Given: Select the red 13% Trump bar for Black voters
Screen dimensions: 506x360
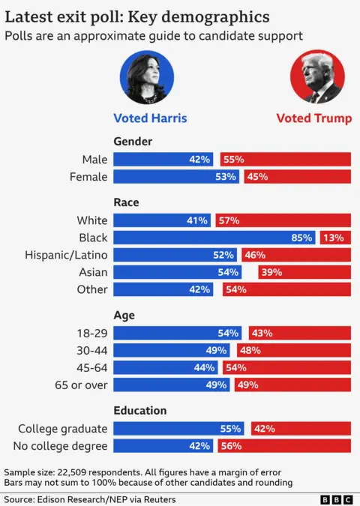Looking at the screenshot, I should [x=335, y=238].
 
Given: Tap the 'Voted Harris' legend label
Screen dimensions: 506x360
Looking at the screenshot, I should [x=150, y=118].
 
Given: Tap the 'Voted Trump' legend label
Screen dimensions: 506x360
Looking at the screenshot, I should [x=313, y=118].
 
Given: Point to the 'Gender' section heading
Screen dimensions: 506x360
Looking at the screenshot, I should [x=133, y=141].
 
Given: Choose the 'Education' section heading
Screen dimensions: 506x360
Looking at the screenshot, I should [x=140, y=411].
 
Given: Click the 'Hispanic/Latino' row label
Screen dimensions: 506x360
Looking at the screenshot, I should [x=67, y=255].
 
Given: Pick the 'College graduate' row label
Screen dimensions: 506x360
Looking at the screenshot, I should [x=63, y=429].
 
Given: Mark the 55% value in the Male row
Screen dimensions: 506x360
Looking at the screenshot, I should [x=234, y=160].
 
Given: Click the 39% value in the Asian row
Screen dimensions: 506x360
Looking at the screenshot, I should [x=270, y=272].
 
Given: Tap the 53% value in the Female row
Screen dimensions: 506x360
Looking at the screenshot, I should [x=225, y=177].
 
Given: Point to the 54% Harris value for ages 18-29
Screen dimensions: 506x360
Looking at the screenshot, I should [x=227, y=333].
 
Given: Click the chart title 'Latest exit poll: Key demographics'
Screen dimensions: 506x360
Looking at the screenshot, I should [x=138, y=16].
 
